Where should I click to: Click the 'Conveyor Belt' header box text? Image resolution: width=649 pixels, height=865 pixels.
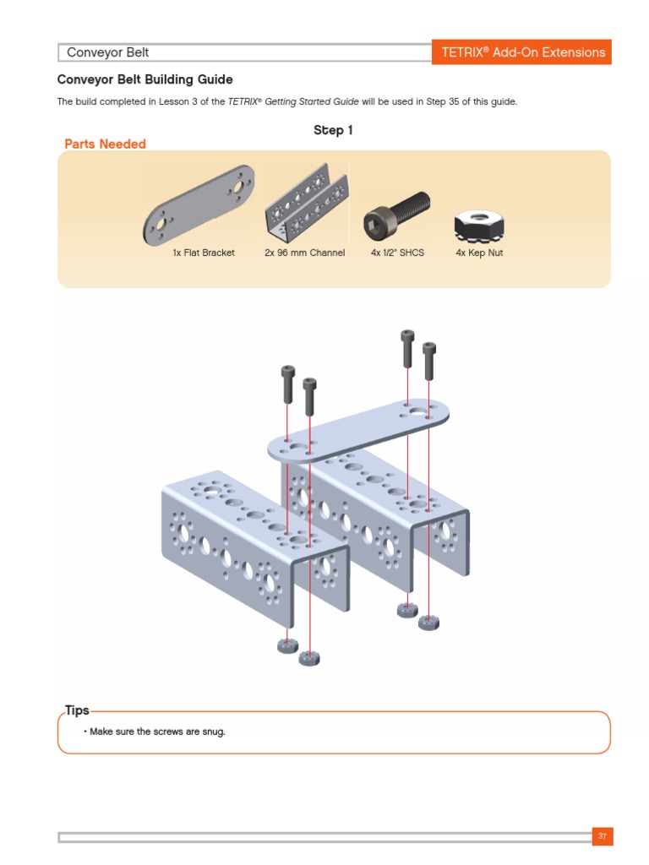(x=108, y=52)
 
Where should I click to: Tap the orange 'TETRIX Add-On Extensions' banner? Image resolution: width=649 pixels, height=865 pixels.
(x=522, y=52)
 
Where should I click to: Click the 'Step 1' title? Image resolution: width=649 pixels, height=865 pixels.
(x=333, y=130)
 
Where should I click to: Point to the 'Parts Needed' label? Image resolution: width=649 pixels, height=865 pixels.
(x=105, y=144)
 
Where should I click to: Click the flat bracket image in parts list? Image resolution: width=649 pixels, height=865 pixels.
(x=200, y=203)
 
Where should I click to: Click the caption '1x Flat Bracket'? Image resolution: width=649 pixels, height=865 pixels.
(x=204, y=253)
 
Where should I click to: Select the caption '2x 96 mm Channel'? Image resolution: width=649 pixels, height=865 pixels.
(x=305, y=253)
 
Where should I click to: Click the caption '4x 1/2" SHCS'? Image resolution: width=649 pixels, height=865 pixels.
(x=397, y=253)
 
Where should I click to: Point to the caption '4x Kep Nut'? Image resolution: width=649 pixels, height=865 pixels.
(x=478, y=253)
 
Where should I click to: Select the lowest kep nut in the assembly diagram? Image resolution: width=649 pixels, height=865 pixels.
(x=310, y=657)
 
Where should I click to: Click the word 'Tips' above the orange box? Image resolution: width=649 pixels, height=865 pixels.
(x=77, y=710)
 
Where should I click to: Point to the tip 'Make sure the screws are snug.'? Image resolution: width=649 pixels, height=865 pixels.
(x=157, y=732)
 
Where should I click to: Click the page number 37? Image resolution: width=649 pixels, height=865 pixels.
(x=603, y=836)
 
